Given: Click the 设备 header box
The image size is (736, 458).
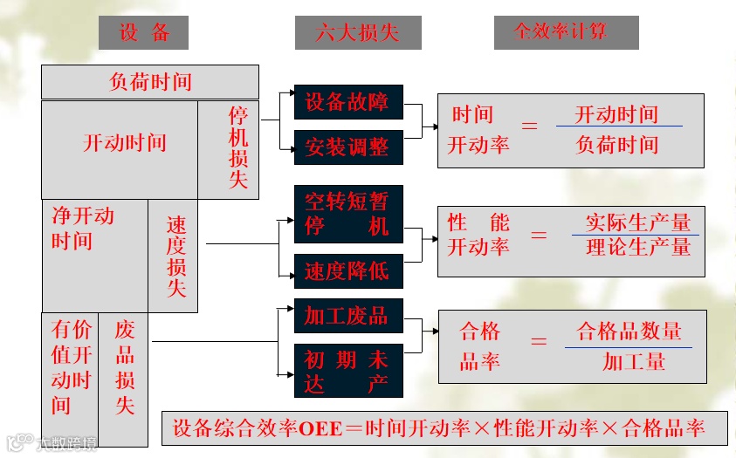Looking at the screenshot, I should coord(145,34).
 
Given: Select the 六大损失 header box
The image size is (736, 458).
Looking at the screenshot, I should coord(358,34).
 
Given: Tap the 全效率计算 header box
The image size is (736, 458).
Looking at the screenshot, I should coord(566,33).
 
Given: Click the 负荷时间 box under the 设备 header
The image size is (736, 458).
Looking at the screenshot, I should coord(150,82).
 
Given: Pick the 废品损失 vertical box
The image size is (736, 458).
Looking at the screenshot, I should coord(125,367).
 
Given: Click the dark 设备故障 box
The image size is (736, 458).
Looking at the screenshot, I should coord(347,102).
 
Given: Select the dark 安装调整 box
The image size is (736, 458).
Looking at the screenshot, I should coord(347,147).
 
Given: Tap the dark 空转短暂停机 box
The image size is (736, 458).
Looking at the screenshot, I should coord(347,215).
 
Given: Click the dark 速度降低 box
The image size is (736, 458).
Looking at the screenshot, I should coord(347,271).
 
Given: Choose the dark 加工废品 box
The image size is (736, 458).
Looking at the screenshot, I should coord(347,316).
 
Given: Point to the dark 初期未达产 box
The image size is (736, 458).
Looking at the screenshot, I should coord(347,372).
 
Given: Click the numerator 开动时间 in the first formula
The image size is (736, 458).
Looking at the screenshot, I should coord(616,114).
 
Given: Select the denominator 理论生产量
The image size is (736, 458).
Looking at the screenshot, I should coord(638,247).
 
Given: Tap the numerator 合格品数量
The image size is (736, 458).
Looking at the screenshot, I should coord(629,332).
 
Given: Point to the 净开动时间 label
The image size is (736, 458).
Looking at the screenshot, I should coord(83,228).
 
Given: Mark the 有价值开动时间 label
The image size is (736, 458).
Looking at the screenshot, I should coord(72,366).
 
